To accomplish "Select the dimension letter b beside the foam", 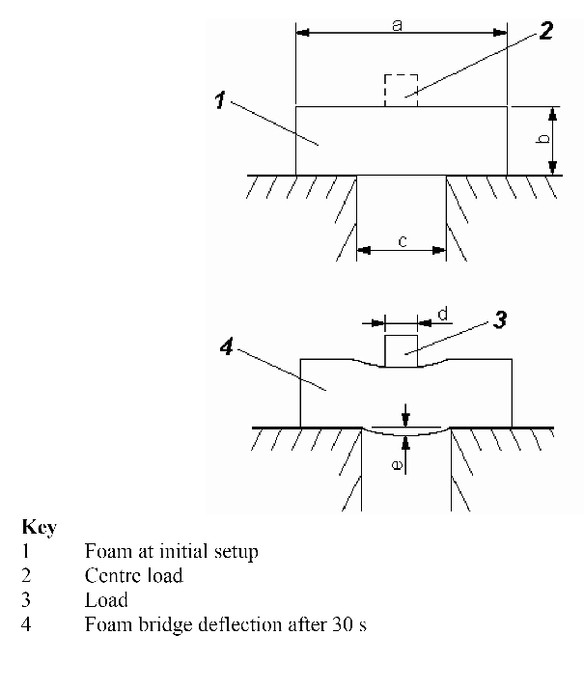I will tap(543, 140).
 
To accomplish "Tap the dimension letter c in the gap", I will tap(402, 241).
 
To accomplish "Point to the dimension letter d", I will tap(443, 313).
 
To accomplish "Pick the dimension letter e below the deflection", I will tap(396, 463).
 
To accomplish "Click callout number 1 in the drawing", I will tap(221, 99).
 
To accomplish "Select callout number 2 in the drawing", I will tap(546, 30).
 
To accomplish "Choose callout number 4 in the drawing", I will tap(227, 348).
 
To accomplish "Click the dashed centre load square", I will tap(401, 89).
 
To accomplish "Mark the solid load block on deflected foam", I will tap(402, 349).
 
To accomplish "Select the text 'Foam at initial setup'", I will tap(172, 552).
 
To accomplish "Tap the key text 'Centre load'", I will tap(133, 576).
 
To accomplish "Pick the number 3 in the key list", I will tap(26, 600).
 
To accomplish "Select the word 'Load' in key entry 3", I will tap(106, 600).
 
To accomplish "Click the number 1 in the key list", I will tap(26, 552).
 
